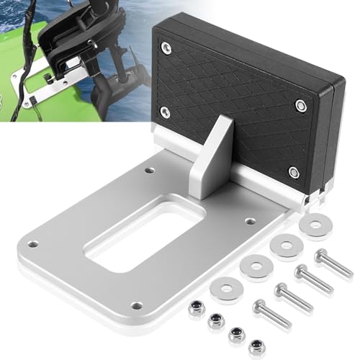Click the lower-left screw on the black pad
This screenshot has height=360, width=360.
click(x=164, y=111)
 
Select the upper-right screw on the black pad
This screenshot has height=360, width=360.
click(x=301, y=105)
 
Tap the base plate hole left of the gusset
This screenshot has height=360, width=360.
click(x=149, y=171)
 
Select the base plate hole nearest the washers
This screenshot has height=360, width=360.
click(x=248, y=221)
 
